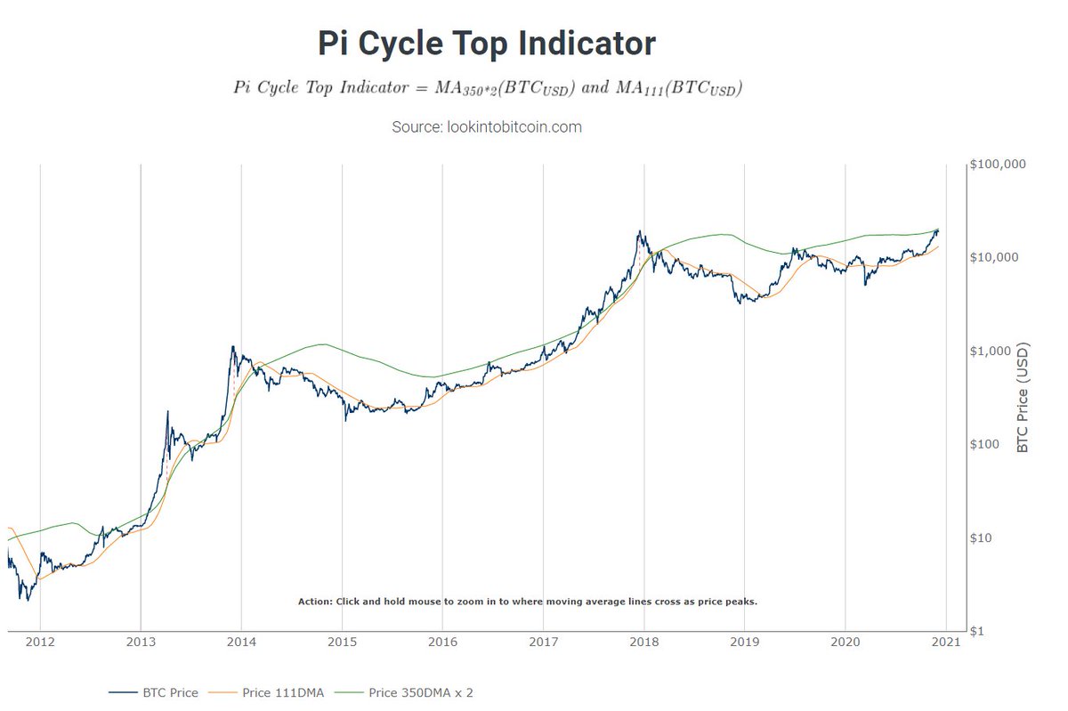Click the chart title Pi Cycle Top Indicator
(x=487, y=44)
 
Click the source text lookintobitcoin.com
(x=487, y=127)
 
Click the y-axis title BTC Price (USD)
(x=1023, y=398)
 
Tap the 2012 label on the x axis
(x=40, y=642)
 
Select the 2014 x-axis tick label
(x=241, y=642)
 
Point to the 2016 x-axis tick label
(x=442, y=642)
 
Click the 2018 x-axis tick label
(x=643, y=642)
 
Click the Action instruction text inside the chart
(x=527, y=602)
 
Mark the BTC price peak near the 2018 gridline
(x=640, y=231)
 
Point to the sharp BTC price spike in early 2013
(x=167, y=411)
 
